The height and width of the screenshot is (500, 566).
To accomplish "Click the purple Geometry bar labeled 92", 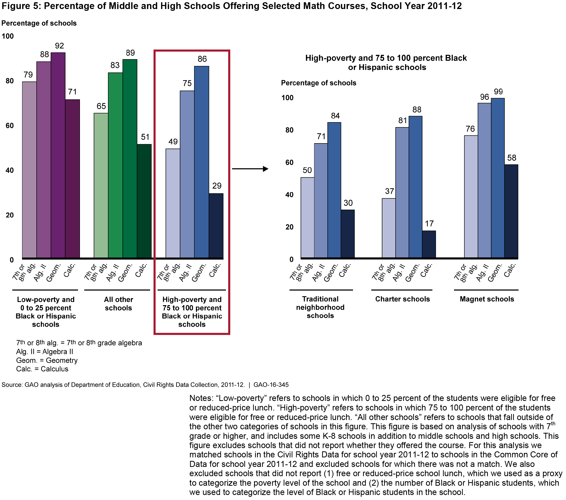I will pyautogui.click(x=58, y=155).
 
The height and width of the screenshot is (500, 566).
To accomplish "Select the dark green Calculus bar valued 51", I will pyautogui.click(x=144, y=201).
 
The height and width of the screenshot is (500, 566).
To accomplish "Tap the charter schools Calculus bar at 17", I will pyautogui.click(x=429, y=244).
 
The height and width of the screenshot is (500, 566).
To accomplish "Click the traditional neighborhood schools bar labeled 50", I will pyautogui.click(x=307, y=218).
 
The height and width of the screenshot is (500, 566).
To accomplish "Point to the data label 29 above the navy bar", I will pyautogui.click(x=217, y=186).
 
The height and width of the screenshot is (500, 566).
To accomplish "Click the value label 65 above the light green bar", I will pyautogui.click(x=101, y=106).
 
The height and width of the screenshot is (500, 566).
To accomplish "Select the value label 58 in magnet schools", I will pyautogui.click(x=511, y=158).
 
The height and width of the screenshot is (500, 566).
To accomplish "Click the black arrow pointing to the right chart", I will pyautogui.click(x=250, y=169).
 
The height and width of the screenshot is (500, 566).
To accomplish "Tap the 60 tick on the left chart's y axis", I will pyautogui.click(x=10, y=126).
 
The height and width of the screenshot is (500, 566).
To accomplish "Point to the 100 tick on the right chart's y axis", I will pyautogui.click(x=287, y=98).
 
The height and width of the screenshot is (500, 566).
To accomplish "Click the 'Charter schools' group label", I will pyautogui.click(x=402, y=299).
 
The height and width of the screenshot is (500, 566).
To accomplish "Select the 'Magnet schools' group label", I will pyautogui.click(x=487, y=299).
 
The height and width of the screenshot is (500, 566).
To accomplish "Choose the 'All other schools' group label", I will pyautogui.click(x=119, y=304).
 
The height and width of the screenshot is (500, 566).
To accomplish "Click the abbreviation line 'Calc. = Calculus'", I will pyautogui.click(x=42, y=369).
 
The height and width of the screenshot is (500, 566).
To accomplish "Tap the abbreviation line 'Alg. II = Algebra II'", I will pyautogui.click(x=45, y=352).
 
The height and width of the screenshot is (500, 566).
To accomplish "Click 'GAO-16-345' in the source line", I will pyautogui.click(x=271, y=385).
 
